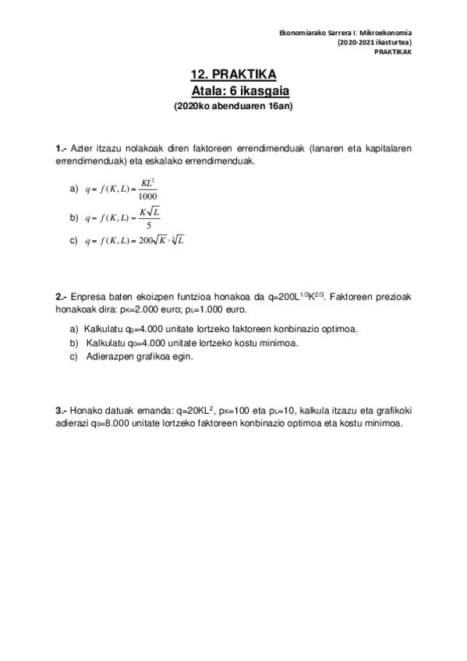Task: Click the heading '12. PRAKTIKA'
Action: point(232,75)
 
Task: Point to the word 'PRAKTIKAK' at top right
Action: point(392,51)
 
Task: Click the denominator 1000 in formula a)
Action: point(147,196)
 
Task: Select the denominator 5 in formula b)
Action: point(148,224)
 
